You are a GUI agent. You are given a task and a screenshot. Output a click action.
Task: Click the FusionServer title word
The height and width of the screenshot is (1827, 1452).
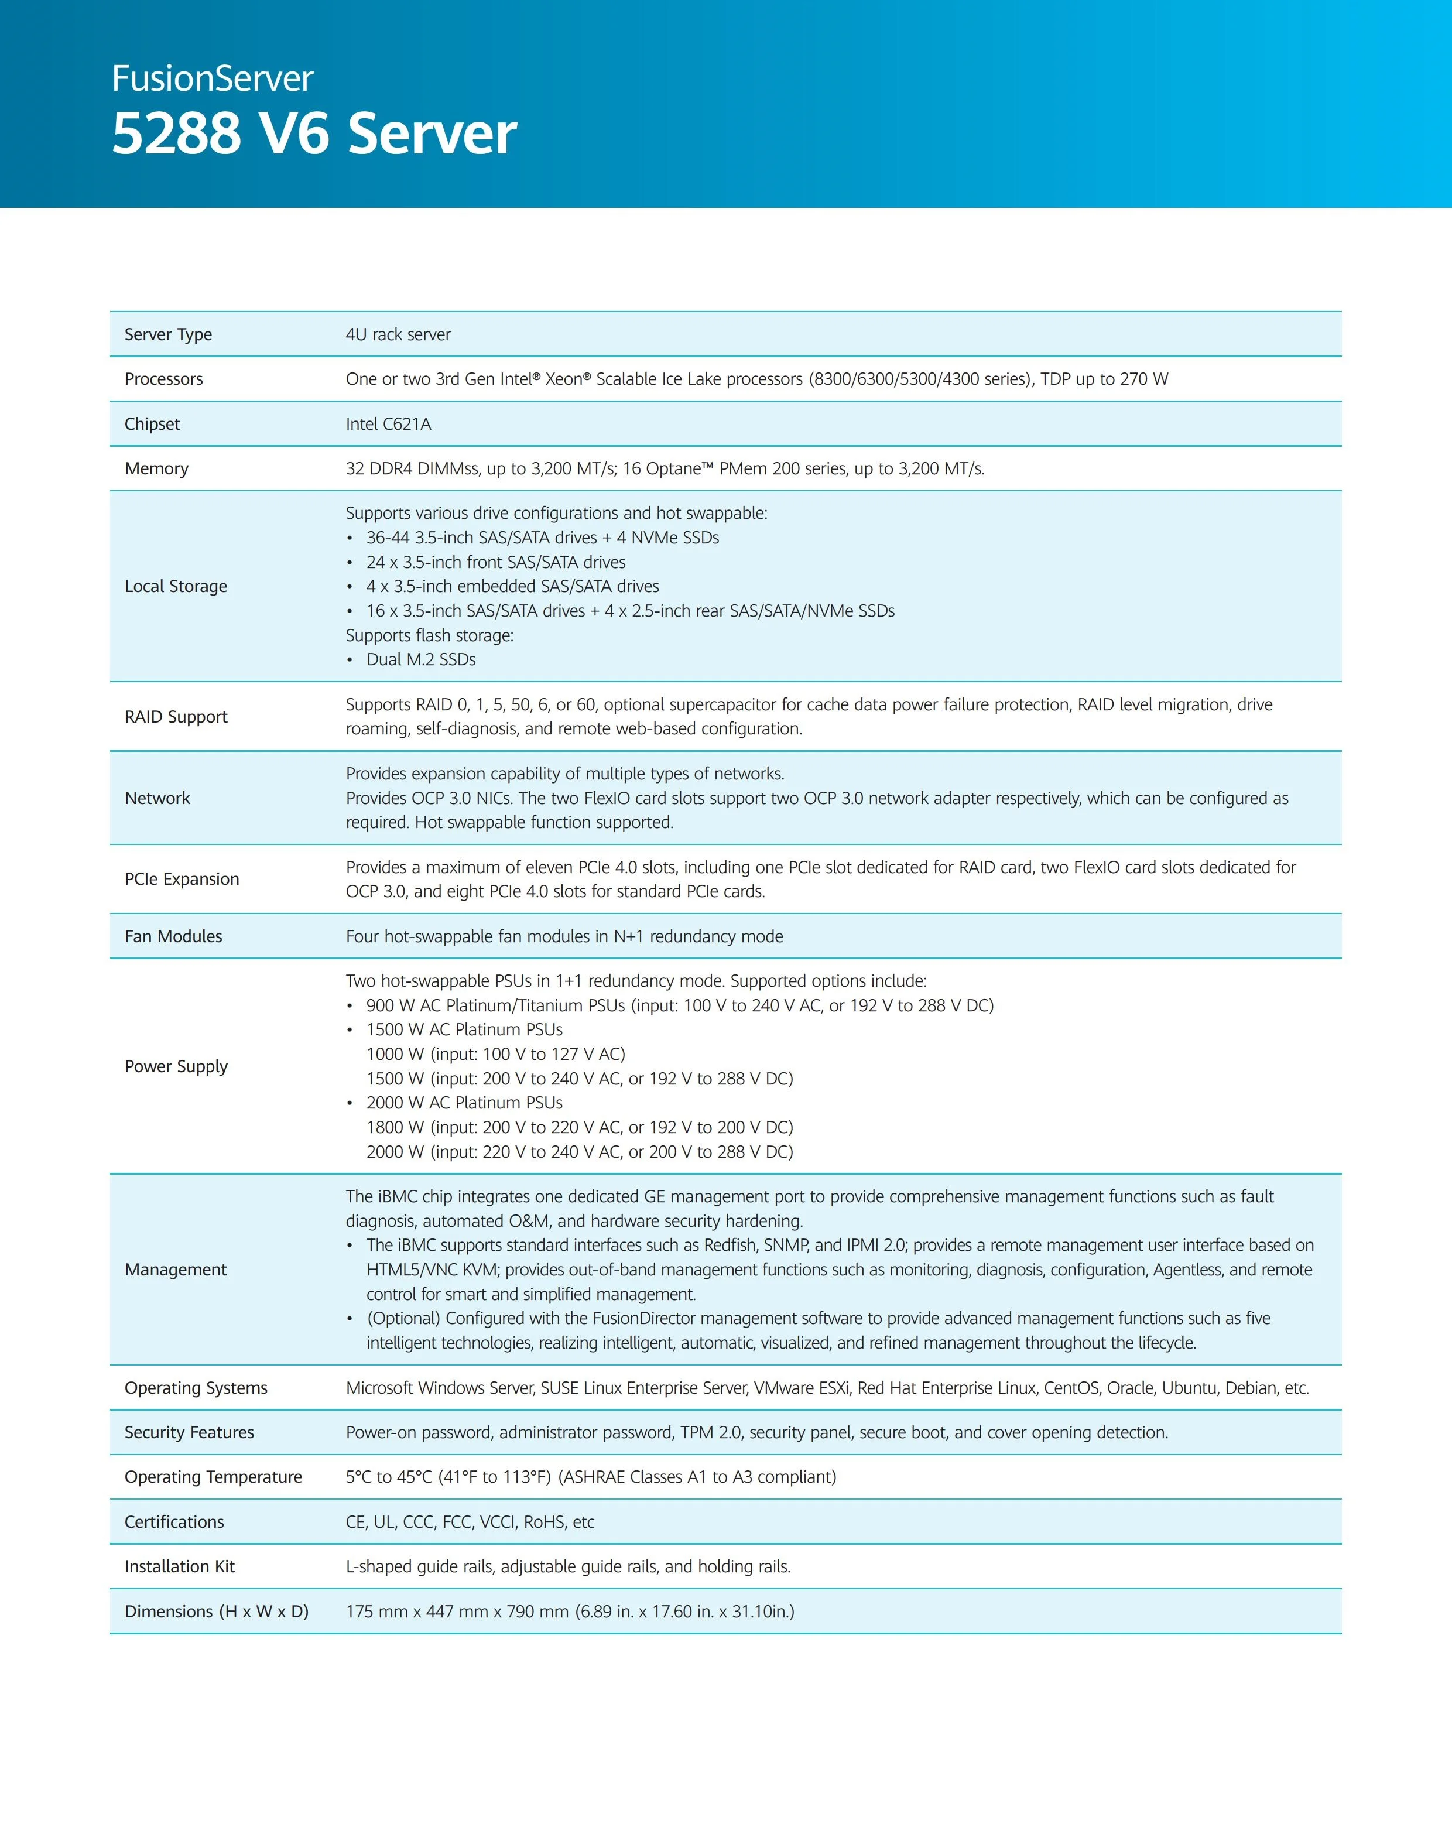(212, 79)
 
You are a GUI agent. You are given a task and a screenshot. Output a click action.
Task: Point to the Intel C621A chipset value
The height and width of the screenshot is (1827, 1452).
(388, 424)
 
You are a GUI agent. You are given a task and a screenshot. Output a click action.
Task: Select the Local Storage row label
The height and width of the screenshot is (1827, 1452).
(176, 586)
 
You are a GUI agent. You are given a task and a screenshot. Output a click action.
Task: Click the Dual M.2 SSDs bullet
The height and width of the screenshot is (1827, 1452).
(420, 659)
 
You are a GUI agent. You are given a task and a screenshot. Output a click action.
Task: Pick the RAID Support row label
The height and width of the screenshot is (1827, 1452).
(176, 717)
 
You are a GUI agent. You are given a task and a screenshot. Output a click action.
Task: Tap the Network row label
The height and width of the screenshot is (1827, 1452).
(157, 798)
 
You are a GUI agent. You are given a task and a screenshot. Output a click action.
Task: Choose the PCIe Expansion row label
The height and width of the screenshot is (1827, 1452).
(181, 879)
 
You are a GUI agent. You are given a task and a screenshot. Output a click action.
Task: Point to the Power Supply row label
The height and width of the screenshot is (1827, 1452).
(176, 1066)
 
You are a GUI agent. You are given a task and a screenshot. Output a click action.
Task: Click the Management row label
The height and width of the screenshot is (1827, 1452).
(176, 1270)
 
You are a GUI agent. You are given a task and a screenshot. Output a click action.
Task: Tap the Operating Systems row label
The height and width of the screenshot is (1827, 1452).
(196, 1388)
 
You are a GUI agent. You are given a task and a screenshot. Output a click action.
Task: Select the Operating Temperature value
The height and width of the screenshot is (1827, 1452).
(590, 1477)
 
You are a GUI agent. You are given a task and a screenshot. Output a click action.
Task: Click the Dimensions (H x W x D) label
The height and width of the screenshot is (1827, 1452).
(216, 1611)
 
